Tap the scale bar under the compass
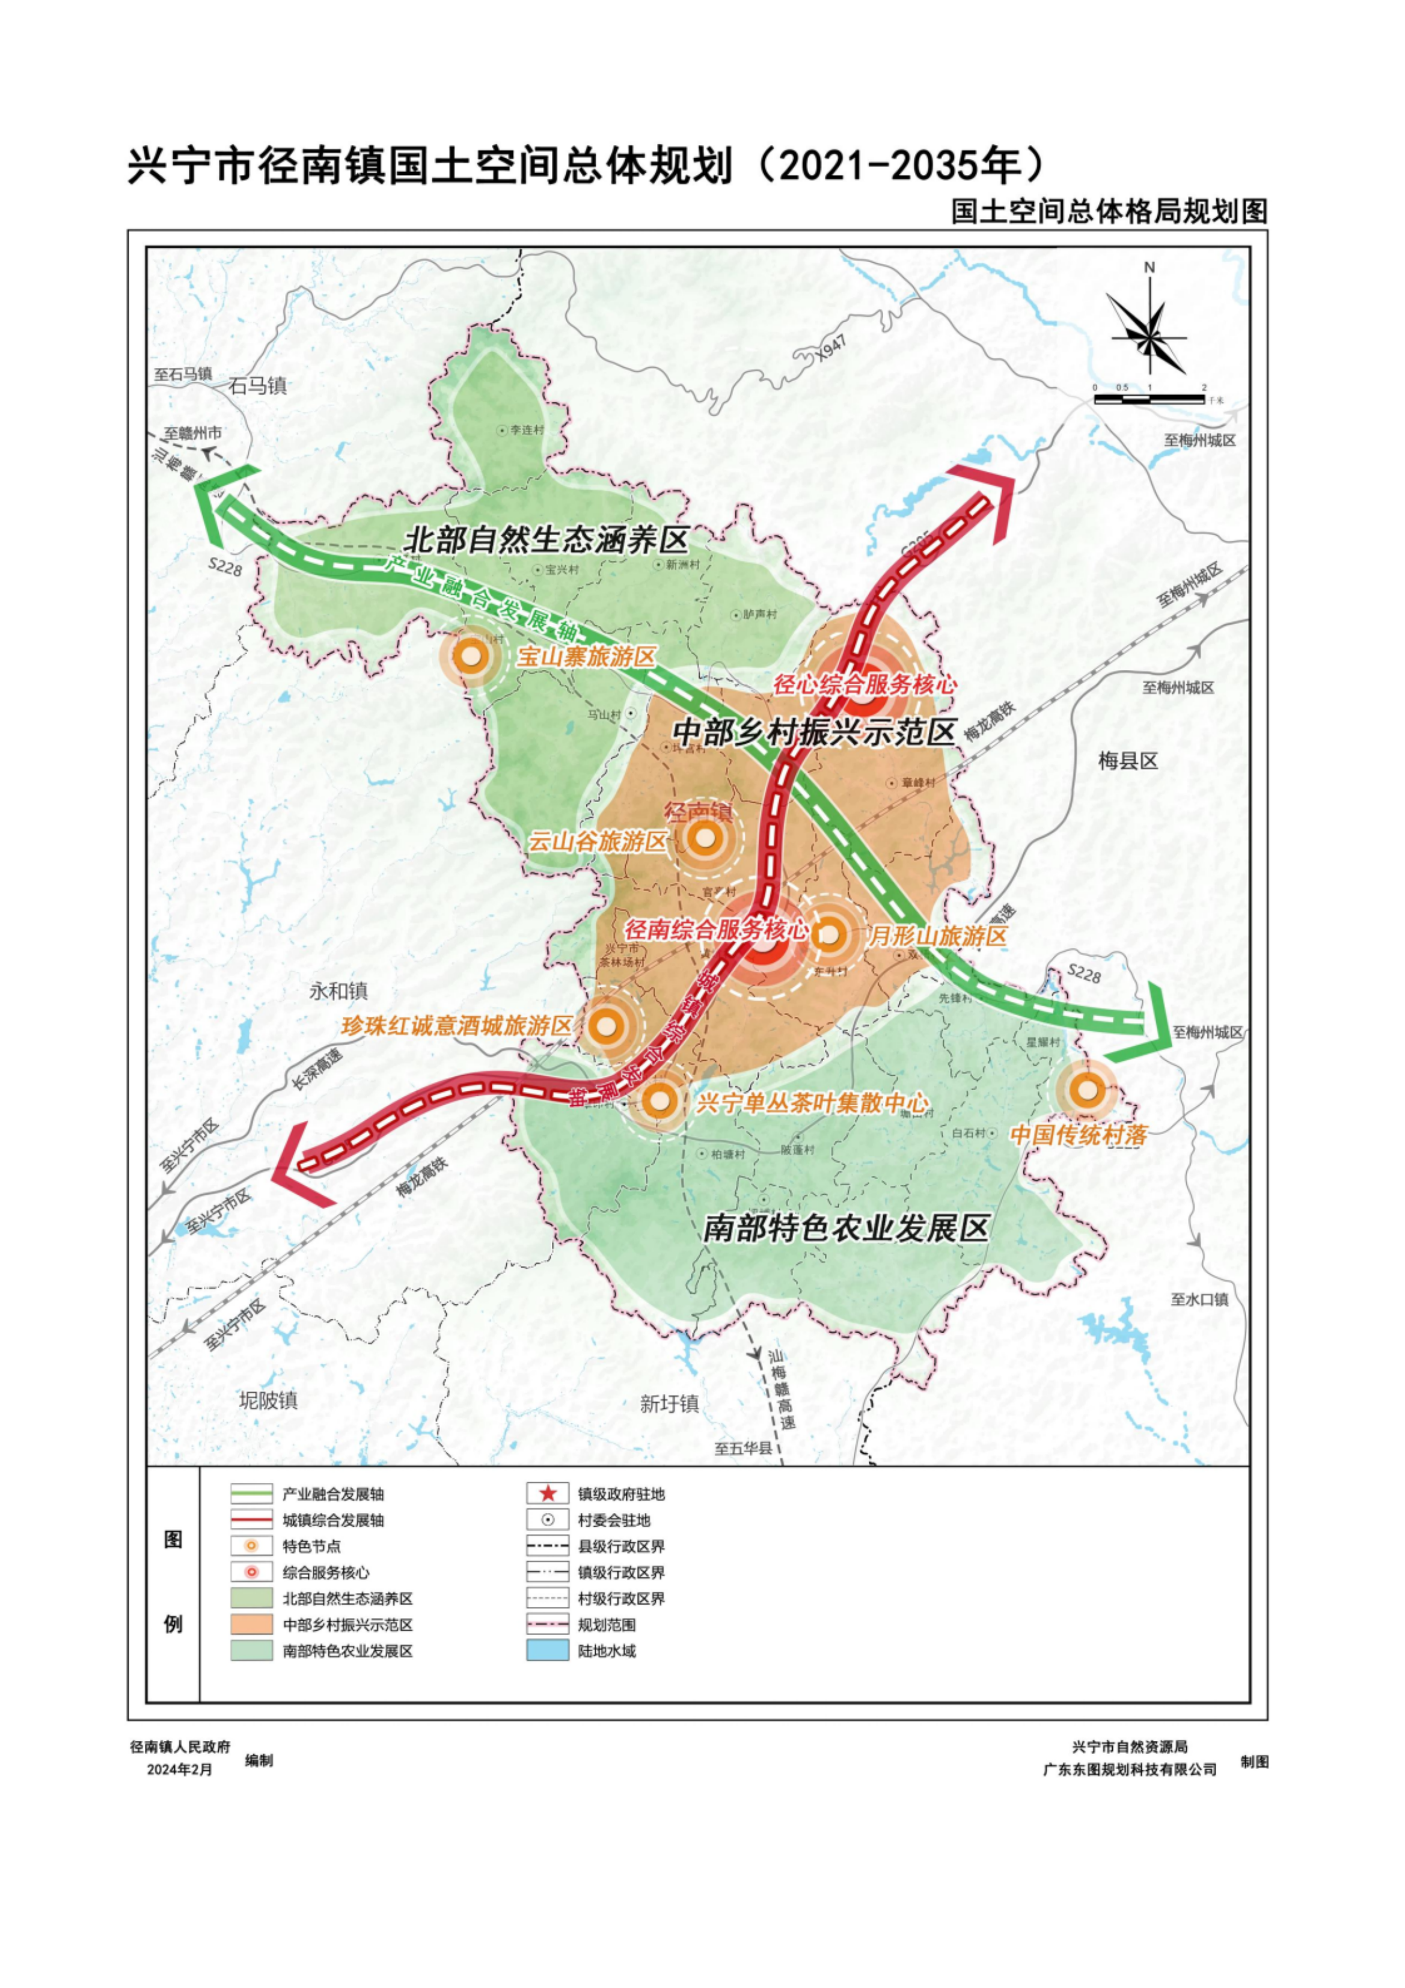click(1149, 399)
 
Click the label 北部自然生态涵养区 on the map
click(547, 539)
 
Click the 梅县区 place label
click(1127, 761)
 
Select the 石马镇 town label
click(258, 385)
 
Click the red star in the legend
click(547, 1494)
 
